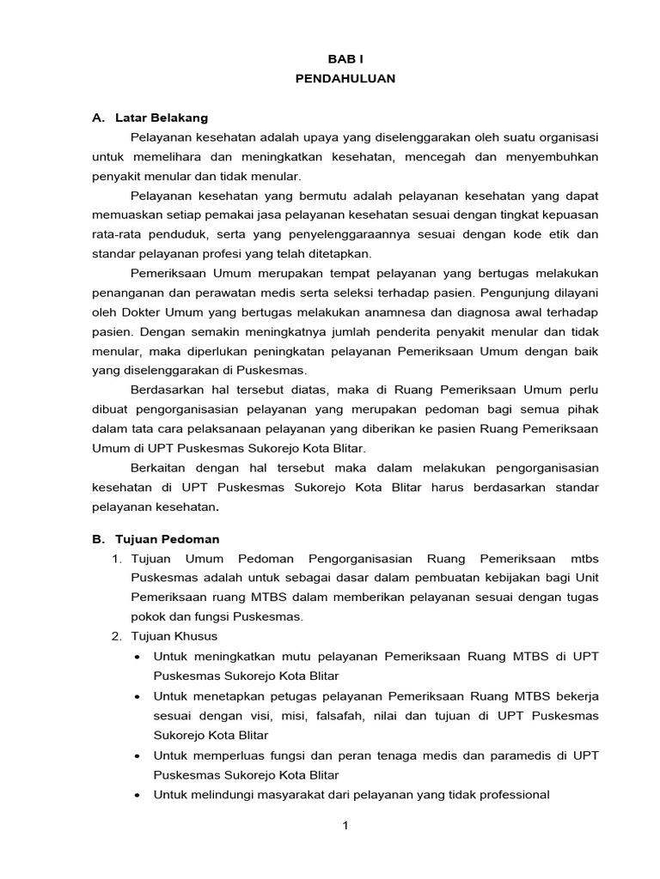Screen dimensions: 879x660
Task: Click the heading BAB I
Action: [x=345, y=58]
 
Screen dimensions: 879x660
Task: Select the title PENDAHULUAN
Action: [x=345, y=78]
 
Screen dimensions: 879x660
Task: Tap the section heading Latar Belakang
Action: [x=169, y=118]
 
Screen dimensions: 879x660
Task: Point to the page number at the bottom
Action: [x=345, y=826]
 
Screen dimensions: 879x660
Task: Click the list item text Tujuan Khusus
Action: [x=174, y=636]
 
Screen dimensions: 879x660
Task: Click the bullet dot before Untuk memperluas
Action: [x=139, y=755]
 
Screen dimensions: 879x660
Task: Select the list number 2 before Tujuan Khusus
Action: [x=116, y=636]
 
